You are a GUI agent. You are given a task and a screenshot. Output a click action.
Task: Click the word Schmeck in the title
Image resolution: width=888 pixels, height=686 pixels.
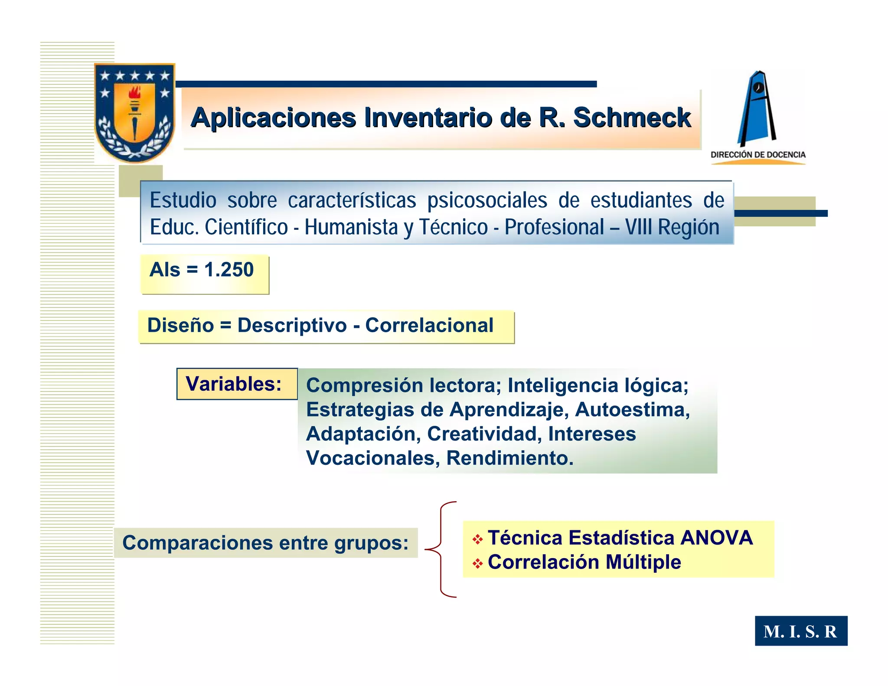point(632,118)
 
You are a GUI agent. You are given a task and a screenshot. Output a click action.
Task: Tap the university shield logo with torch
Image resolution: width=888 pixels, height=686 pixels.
point(135,113)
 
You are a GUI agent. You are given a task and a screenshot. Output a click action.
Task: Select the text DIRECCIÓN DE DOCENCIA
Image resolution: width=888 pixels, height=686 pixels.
point(758,155)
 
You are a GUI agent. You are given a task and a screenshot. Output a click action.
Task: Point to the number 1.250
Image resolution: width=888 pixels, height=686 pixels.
point(229,270)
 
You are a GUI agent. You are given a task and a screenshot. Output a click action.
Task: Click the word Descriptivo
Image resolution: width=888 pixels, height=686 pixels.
point(292,326)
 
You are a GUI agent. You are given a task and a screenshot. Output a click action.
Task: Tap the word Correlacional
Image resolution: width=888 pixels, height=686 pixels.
point(429,326)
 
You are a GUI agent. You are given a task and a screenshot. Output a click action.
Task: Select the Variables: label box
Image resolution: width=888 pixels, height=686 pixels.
point(237,384)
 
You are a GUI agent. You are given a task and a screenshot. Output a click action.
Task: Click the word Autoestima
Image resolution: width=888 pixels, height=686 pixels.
point(632,410)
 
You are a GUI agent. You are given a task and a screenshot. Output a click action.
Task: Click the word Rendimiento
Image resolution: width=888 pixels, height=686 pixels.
point(509,458)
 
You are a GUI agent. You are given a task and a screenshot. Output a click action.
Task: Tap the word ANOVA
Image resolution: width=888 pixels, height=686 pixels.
point(716,538)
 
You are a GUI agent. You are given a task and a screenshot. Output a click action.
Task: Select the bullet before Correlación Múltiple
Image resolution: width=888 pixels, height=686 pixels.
point(477,563)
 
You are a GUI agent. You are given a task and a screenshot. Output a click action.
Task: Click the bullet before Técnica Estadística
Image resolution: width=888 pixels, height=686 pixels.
point(477,539)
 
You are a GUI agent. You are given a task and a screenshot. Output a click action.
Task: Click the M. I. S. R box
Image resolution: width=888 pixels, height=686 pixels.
point(800,631)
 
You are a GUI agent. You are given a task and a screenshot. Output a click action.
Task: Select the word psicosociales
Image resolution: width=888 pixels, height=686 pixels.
point(487,201)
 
